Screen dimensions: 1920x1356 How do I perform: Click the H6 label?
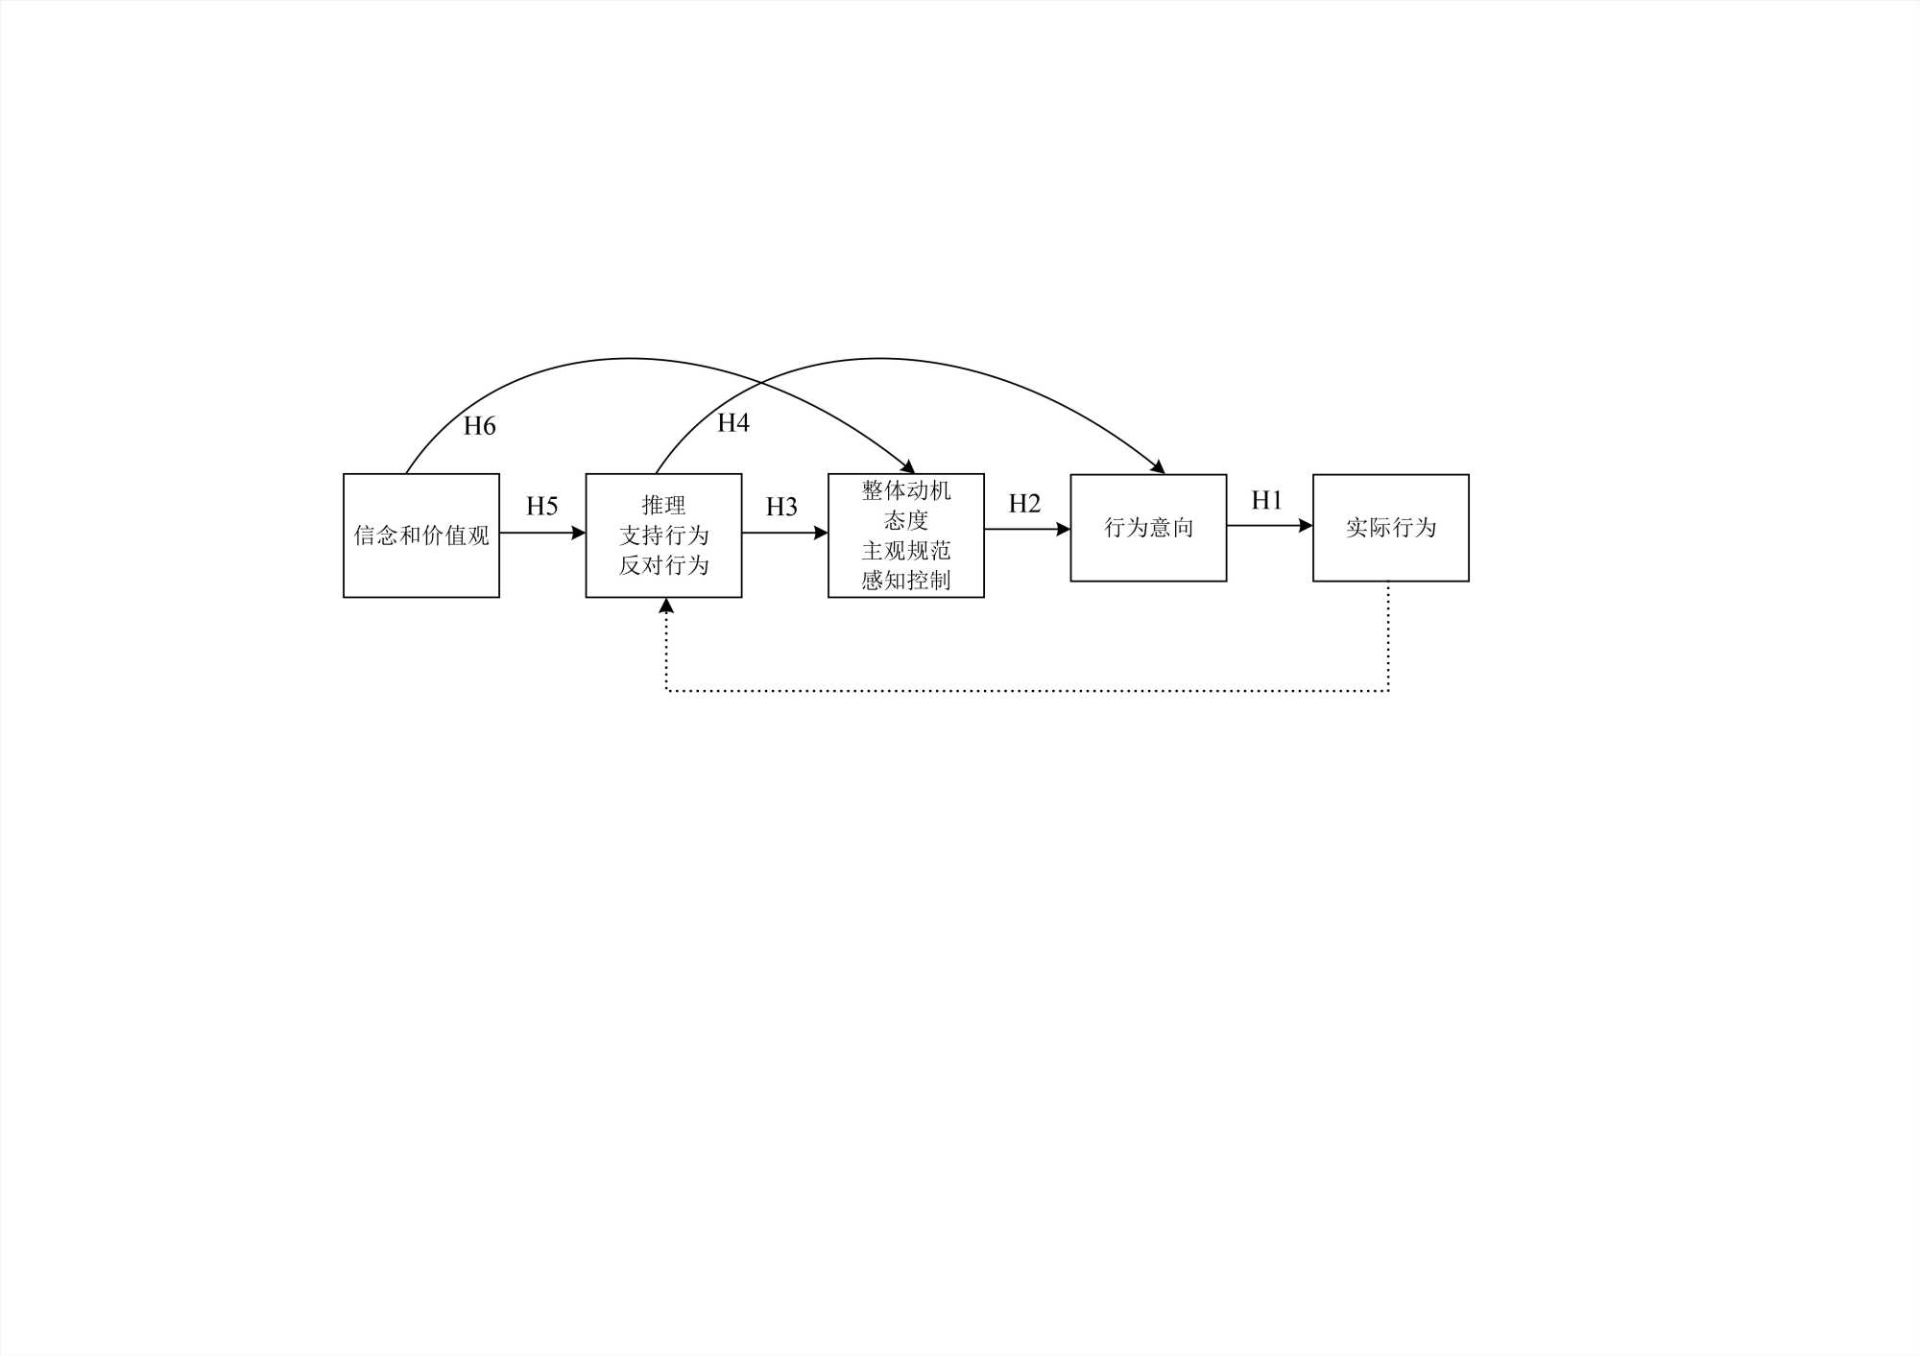coord(479,426)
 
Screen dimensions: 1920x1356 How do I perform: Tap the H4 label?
coord(733,422)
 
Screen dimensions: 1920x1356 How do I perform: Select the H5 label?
coord(541,506)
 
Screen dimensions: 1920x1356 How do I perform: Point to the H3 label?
coord(781,507)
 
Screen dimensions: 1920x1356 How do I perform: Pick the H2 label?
coord(1024,504)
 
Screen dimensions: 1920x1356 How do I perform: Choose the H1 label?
coord(1266,500)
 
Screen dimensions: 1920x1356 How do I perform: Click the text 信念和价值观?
coord(421,535)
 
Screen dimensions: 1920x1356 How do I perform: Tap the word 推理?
coord(663,505)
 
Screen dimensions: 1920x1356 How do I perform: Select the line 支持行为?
coord(663,535)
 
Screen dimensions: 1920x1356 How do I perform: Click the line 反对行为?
coord(663,565)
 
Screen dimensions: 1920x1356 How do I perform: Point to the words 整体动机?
coord(906,490)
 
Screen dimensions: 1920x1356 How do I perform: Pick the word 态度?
coord(906,520)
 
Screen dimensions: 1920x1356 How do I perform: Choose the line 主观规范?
coord(906,551)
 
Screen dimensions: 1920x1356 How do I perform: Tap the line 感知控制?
coord(906,581)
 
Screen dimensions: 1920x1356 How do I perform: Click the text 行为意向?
coord(1148,527)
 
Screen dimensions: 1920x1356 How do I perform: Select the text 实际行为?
coord(1390,527)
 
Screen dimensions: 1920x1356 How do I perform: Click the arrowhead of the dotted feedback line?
coord(666,606)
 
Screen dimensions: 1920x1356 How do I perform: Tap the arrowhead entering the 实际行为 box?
coord(1306,526)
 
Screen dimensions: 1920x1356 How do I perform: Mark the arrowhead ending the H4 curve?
coord(1159,467)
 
